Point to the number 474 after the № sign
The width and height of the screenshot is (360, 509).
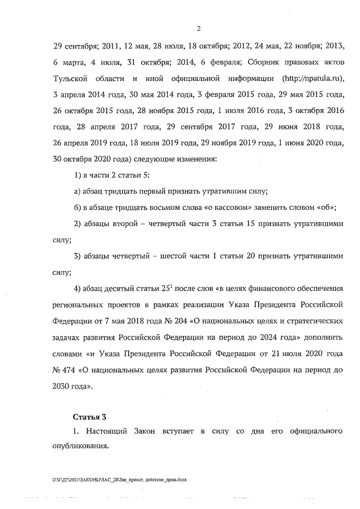pos(70,371)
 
